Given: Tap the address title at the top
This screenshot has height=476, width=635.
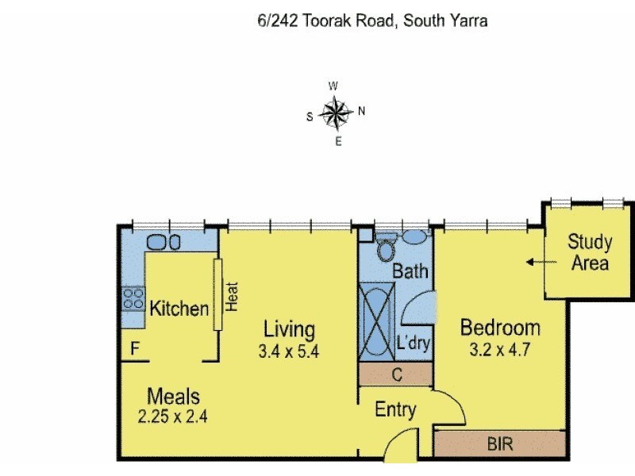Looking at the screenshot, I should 372,21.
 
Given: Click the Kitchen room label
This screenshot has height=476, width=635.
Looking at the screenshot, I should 179,309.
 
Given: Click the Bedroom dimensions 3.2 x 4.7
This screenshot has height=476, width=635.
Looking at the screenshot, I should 500,347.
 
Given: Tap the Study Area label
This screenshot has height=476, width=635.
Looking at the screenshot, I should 590,253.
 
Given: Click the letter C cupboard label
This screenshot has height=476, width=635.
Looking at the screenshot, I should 396,373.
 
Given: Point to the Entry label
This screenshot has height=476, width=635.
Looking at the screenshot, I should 395,410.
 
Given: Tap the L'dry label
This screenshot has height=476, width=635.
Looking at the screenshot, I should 414,344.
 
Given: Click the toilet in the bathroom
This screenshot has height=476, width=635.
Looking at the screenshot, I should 386,249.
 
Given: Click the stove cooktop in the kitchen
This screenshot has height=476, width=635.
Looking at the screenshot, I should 132,299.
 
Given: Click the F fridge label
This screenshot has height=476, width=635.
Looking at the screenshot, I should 135,347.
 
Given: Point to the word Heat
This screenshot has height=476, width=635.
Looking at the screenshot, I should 233,297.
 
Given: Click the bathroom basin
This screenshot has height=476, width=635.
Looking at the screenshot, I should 414,236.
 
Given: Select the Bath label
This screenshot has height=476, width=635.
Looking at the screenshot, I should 411,271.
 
